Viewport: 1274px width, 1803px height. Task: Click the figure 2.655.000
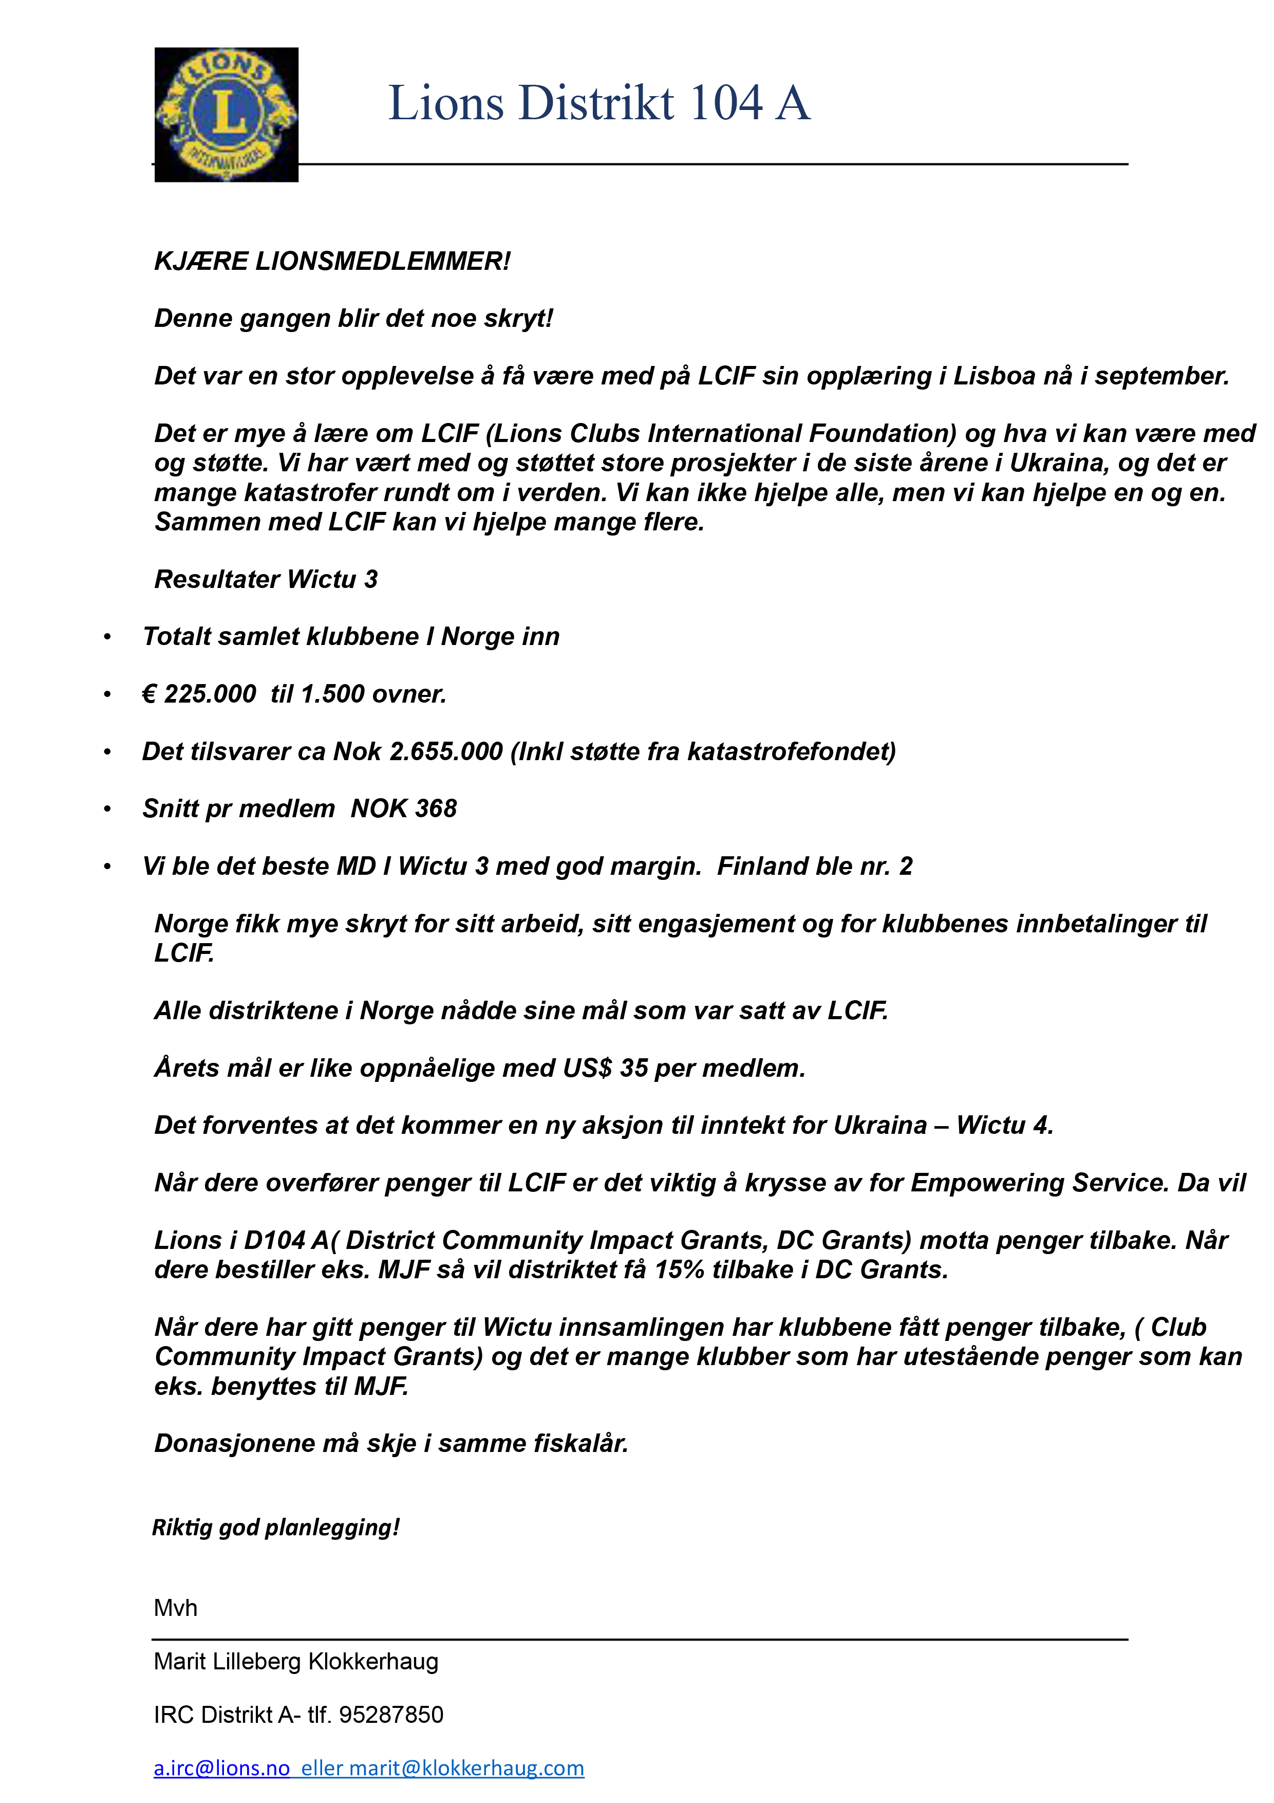click(446, 751)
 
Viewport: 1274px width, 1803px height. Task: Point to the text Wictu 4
click(1003, 1125)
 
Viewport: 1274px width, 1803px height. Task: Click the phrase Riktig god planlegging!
click(275, 1528)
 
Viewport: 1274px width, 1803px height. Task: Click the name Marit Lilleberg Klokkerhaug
click(296, 1662)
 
